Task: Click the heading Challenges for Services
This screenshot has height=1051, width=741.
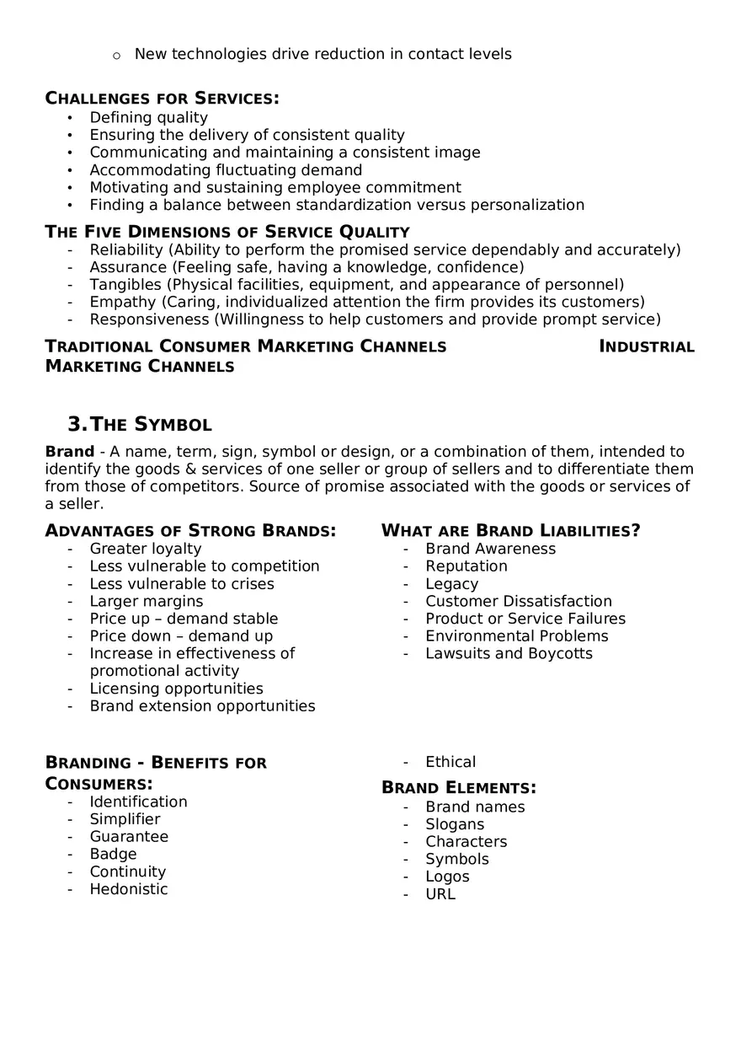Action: click(162, 99)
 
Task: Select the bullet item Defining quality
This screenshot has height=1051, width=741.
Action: click(148, 118)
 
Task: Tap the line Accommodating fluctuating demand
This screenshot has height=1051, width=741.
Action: click(226, 170)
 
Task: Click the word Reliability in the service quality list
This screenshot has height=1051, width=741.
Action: click(126, 250)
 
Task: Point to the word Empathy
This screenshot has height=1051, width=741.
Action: click(123, 303)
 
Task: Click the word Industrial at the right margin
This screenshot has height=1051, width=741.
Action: click(647, 346)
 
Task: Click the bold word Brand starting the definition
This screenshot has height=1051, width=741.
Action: click(69, 452)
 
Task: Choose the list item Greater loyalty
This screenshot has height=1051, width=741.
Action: click(146, 550)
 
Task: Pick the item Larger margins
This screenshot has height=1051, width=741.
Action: click(147, 602)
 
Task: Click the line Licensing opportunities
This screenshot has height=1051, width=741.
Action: click(176, 689)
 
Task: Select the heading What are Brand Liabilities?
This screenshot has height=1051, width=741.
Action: click(510, 531)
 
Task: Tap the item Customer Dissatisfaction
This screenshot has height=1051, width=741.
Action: click(518, 602)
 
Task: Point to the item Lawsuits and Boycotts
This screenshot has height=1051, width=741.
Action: click(509, 654)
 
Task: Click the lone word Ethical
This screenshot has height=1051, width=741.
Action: click(450, 762)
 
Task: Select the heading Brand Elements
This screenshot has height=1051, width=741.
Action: click(459, 788)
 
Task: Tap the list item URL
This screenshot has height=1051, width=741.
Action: click(440, 894)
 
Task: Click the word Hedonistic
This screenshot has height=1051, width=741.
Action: click(129, 890)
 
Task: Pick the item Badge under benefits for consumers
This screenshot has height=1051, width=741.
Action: click(113, 855)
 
